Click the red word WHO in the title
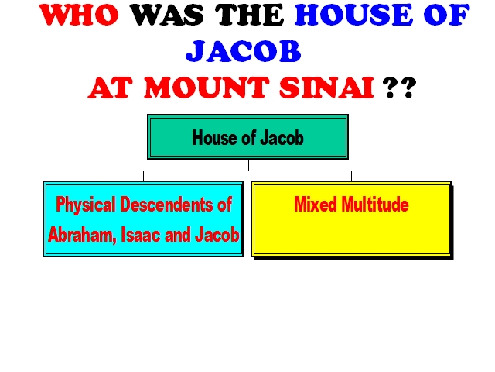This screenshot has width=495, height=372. click(79, 15)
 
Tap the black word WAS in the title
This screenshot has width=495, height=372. click(167, 15)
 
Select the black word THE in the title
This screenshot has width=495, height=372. click(250, 15)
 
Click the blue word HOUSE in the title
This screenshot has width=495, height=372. click(353, 15)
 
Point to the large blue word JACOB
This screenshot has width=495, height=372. click(244, 51)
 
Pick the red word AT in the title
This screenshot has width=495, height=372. click(109, 88)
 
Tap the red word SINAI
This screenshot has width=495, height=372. click(326, 88)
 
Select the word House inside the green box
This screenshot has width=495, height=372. click(213, 138)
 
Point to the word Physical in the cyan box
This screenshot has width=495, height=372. click(85, 205)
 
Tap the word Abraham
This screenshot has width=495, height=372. click(82, 235)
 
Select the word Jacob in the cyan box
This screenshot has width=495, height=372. click(217, 235)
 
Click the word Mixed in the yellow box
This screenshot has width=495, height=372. click(316, 205)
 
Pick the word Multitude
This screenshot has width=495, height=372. click(375, 205)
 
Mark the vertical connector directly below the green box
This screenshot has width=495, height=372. click(248, 165)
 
